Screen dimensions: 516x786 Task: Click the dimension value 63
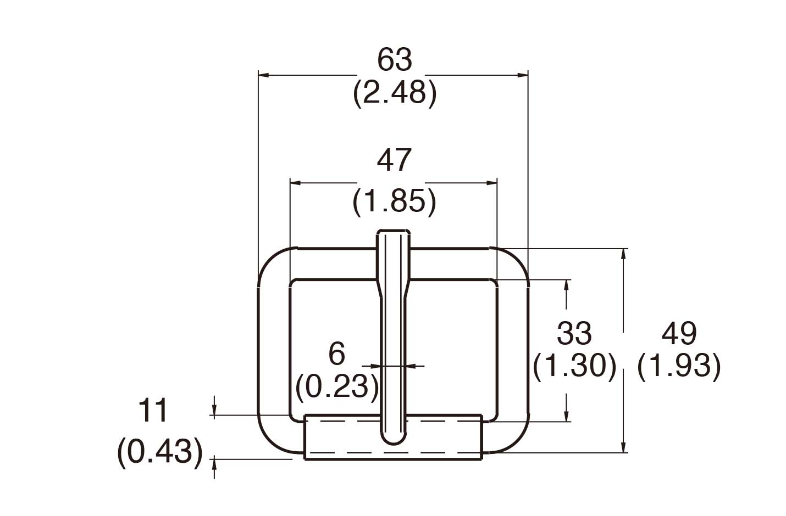pyautogui.click(x=394, y=60)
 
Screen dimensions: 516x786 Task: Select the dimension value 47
pyautogui.click(x=394, y=160)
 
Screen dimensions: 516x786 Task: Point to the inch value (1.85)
pyautogui.click(x=394, y=201)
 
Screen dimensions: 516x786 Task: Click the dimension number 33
pyautogui.click(x=574, y=333)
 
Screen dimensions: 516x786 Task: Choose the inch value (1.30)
pyautogui.click(x=574, y=366)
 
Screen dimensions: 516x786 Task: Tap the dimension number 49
pyautogui.click(x=679, y=333)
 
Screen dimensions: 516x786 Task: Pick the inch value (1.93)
pyautogui.click(x=679, y=366)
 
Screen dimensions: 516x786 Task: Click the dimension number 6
pyautogui.click(x=336, y=354)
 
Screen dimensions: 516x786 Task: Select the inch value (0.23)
pyautogui.click(x=336, y=386)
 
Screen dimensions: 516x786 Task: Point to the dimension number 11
pyautogui.click(x=153, y=411)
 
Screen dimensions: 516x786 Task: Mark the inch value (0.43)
pyautogui.click(x=160, y=453)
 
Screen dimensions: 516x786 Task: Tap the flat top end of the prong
pyautogui.click(x=393, y=232)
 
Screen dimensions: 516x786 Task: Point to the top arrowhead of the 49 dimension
pyautogui.click(x=624, y=254)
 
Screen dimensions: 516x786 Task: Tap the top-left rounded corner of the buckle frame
pyautogui.click(x=270, y=260)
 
